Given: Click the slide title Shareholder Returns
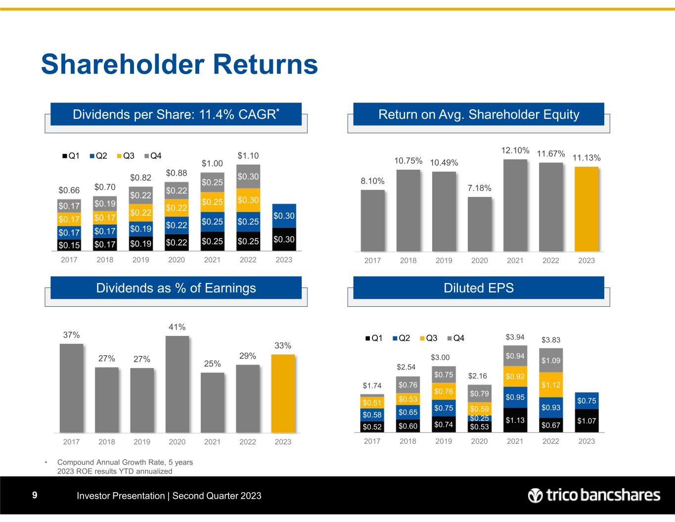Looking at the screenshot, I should [179, 64].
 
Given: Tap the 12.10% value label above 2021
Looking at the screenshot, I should [515, 150].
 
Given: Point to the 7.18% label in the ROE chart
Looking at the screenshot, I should [480, 188].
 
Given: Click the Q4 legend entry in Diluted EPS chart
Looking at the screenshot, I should [456, 338].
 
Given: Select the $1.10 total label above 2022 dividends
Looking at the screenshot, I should [248, 156].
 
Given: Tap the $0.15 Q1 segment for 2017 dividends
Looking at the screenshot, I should [69, 245].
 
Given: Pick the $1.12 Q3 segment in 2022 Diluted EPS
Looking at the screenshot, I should [551, 384].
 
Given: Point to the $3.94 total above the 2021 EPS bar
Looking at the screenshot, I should [515, 337].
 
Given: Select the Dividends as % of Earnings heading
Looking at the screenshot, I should [176, 288].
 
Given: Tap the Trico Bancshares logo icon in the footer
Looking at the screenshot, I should [536, 495].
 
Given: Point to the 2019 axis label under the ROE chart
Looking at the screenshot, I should [444, 260].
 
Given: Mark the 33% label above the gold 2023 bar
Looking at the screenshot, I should [283, 346].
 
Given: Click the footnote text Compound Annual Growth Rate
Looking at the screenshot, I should [125, 462].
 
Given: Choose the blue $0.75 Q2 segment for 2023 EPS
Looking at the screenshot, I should [586, 401].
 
